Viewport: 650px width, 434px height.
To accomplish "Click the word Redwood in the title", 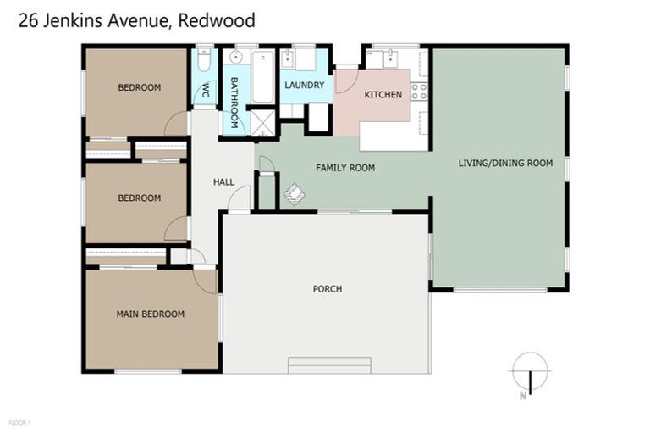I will (217, 19).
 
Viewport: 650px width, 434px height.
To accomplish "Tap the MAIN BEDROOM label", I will (150, 314).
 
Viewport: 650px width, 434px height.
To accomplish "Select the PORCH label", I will (327, 289).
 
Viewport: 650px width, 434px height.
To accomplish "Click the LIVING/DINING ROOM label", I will (505, 163).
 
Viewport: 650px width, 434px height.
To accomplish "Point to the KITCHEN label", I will (383, 94).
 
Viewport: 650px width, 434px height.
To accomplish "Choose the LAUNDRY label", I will (304, 85).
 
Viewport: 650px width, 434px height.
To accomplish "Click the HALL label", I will (223, 181).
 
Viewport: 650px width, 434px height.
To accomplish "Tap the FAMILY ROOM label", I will (344, 168).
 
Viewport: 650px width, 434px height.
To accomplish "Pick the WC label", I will (204, 93).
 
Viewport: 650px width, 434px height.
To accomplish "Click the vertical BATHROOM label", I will (234, 102).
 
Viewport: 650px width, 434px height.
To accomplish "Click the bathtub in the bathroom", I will (263, 76).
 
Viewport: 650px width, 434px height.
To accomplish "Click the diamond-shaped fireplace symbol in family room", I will (293, 195).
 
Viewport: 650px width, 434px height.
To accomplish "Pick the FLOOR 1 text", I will (18, 422).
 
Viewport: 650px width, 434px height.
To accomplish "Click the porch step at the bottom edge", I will (329, 365).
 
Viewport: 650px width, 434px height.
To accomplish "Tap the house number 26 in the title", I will (28, 19).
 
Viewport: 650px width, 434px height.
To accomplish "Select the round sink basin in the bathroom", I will (236, 58).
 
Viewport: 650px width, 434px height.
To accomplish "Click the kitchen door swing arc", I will (345, 81).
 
